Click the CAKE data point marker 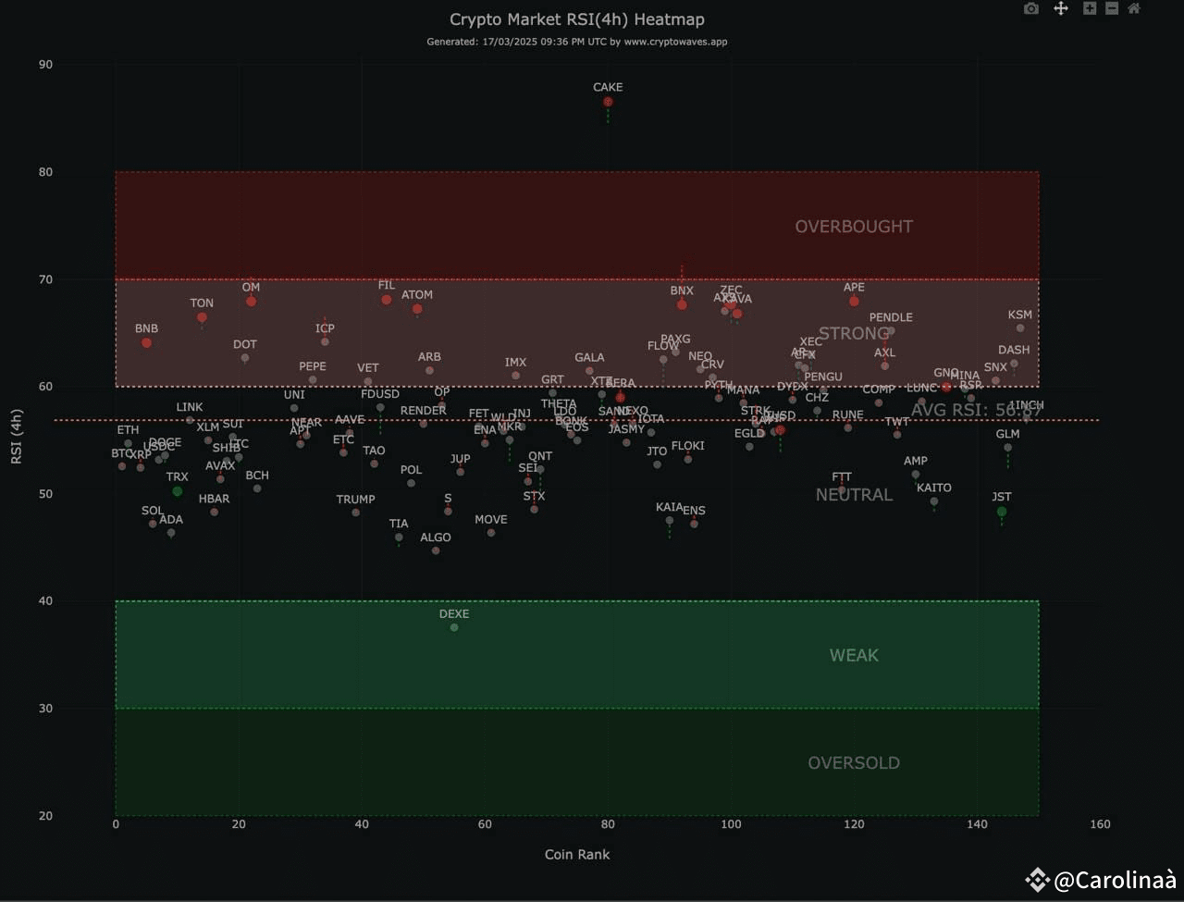[x=608, y=102]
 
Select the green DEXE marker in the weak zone [x=454, y=627]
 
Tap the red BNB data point [x=146, y=343]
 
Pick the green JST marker [x=1002, y=512]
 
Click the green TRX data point [x=178, y=491]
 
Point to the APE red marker [x=854, y=302]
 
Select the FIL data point [x=387, y=300]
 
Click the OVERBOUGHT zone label [x=854, y=227]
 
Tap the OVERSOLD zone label [x=854, y=763]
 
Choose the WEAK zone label [x=854, y=656]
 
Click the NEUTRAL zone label [x=854, y=495]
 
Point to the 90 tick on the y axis [x=45, y=65]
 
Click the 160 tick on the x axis [x=1100, y=824]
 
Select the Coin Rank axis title [x=577, y=855]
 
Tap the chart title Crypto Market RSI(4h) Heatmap [x=577, y=19]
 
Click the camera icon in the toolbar [x=1031, y=9]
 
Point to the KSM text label [x=1020, y=315]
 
